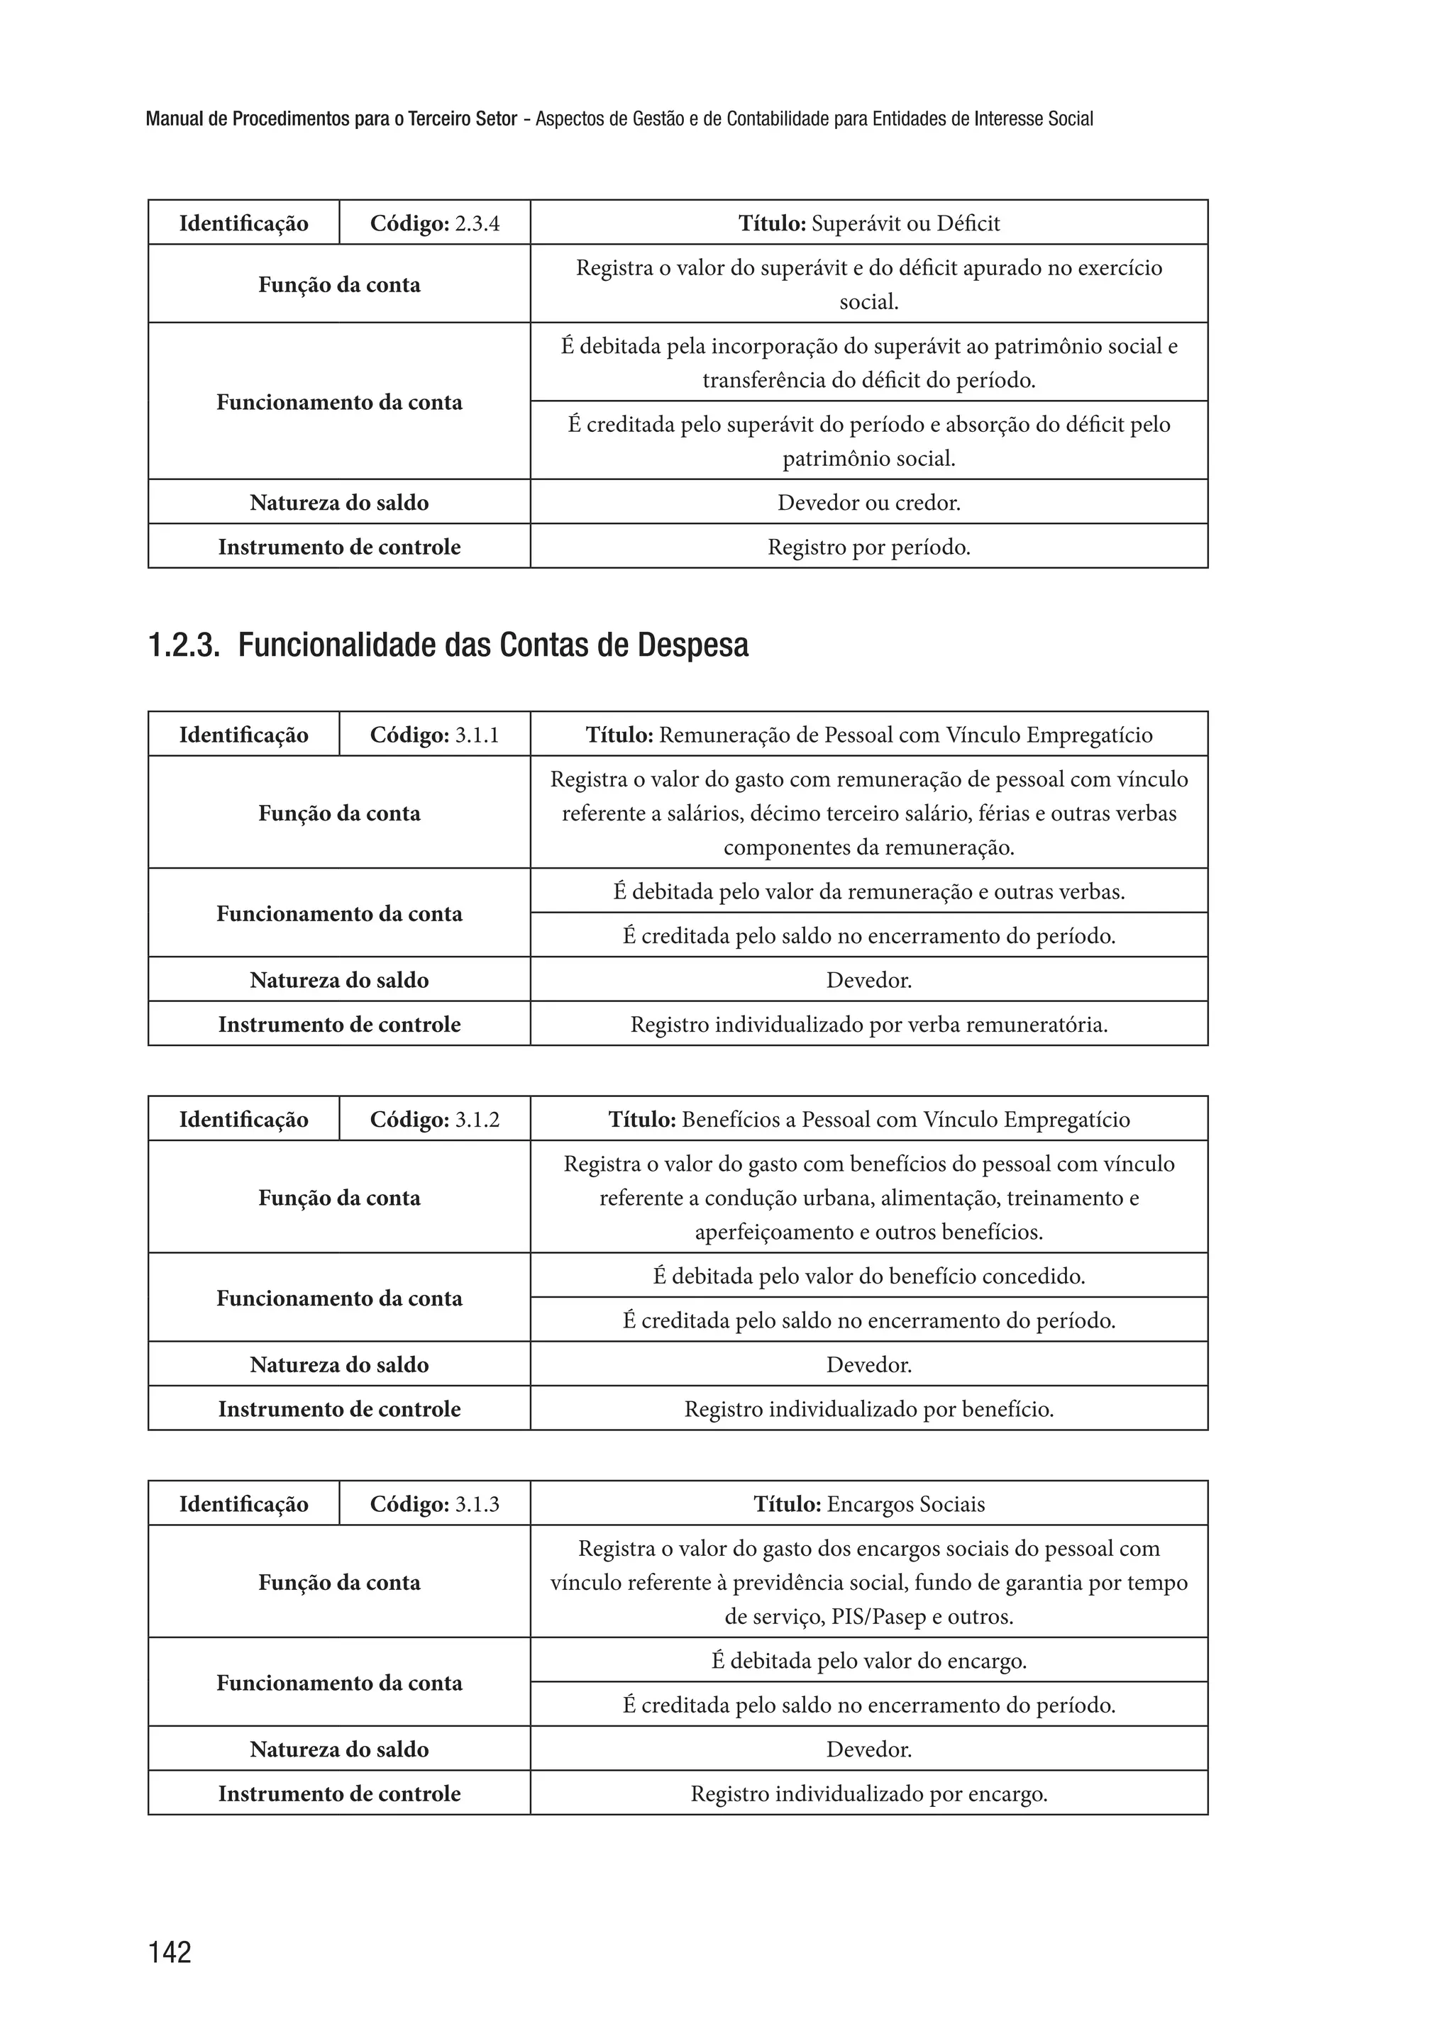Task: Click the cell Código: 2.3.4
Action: coord(435,223)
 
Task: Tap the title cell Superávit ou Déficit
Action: coord(869,223)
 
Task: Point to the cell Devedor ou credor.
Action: coord(869,503)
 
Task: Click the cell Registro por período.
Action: coord(869,547)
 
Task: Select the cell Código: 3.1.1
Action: coord(435,735)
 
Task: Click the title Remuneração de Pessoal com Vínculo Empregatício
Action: coord(869,735)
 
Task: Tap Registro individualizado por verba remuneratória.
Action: coord(869,1024)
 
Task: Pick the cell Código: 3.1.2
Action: coord(435,1120)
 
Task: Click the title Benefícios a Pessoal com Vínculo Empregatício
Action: coord(869,1120)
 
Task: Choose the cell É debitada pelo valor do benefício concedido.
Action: coord(869,1276)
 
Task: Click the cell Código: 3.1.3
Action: coord(435,1504)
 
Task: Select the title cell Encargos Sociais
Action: coord(869,1504)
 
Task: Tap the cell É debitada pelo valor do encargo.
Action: coord(869,1661)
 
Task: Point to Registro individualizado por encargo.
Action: coord(869,1793)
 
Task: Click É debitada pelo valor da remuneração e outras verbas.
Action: coord(869,891)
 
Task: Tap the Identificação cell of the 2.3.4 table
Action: coord(243,223)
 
